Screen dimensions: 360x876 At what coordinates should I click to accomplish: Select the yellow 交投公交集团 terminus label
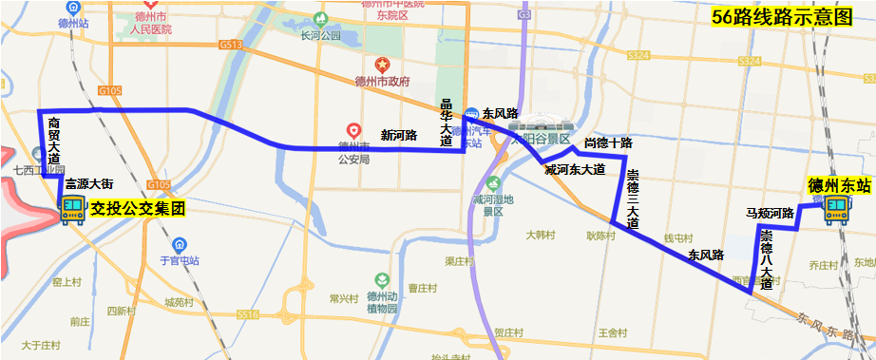(137, 207)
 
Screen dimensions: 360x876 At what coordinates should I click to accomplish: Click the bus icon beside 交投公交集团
(72, 209)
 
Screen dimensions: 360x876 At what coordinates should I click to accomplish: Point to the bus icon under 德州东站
(837, 210)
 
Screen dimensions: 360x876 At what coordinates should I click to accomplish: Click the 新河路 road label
(399, 135)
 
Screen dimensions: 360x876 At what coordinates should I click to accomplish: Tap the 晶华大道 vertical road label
(447, 122)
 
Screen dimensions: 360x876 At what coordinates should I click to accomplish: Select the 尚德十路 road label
(608, 143)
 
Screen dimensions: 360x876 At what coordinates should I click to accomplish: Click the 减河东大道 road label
(574, 169)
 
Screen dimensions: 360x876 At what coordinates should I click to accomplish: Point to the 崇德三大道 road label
(633, 198)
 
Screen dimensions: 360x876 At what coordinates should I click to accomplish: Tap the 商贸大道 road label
(54, 142)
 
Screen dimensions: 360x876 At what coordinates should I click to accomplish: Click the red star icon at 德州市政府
(381, 66)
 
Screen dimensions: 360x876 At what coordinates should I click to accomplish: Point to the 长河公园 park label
(320, 36)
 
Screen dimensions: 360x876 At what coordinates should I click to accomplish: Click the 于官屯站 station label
(180, 260)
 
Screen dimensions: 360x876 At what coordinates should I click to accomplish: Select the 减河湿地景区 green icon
(492, 183)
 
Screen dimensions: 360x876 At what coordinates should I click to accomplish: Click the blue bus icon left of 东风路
(472, 112)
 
